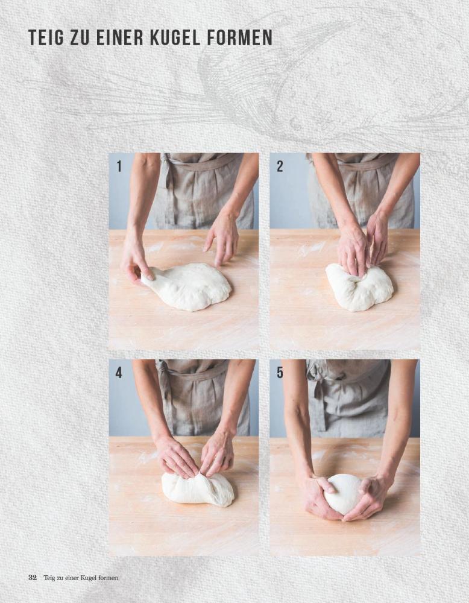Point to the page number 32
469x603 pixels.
pos(33,578)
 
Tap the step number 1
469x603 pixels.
pos(119,166)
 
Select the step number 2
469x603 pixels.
pos(280,166)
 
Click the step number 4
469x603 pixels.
pos(119,373)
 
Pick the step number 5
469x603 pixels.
pos(280,373)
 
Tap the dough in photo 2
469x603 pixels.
pos(359,288)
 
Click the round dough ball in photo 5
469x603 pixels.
pos(344,494)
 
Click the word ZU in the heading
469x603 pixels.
pos(80,37)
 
